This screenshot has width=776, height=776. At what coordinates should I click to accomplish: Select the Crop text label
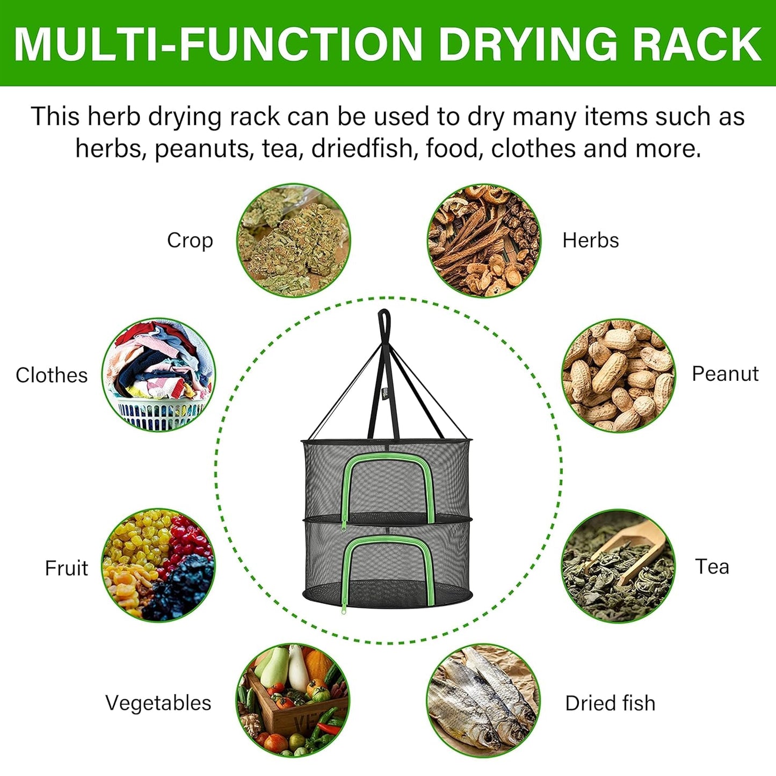point(190,241)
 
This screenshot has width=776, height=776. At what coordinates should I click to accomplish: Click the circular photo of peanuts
point(618,375)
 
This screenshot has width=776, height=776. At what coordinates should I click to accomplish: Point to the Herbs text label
point(590,241)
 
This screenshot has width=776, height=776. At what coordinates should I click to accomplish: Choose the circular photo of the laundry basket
point(158,375)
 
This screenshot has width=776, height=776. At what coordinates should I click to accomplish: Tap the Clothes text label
point(52,375)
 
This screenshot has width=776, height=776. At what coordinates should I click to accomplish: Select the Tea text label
point(712,567)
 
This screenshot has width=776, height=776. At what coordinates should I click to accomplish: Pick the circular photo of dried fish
point(483,700)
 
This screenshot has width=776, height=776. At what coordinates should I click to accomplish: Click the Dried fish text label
point(610,703)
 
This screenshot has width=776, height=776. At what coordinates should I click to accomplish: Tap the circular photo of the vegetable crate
point(293,700)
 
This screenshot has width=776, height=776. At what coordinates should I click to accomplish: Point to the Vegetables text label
point(158,703)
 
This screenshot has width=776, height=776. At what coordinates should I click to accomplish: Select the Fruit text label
point(66,568)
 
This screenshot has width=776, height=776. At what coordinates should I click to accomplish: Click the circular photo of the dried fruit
point(158,565)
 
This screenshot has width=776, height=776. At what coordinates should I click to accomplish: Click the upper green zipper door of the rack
point(388,483)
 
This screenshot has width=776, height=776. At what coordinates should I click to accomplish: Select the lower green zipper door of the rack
point(388,564)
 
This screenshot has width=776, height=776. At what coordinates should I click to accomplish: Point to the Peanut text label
point(724,374)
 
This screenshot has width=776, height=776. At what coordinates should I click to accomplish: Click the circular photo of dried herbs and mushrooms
point(483,241)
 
